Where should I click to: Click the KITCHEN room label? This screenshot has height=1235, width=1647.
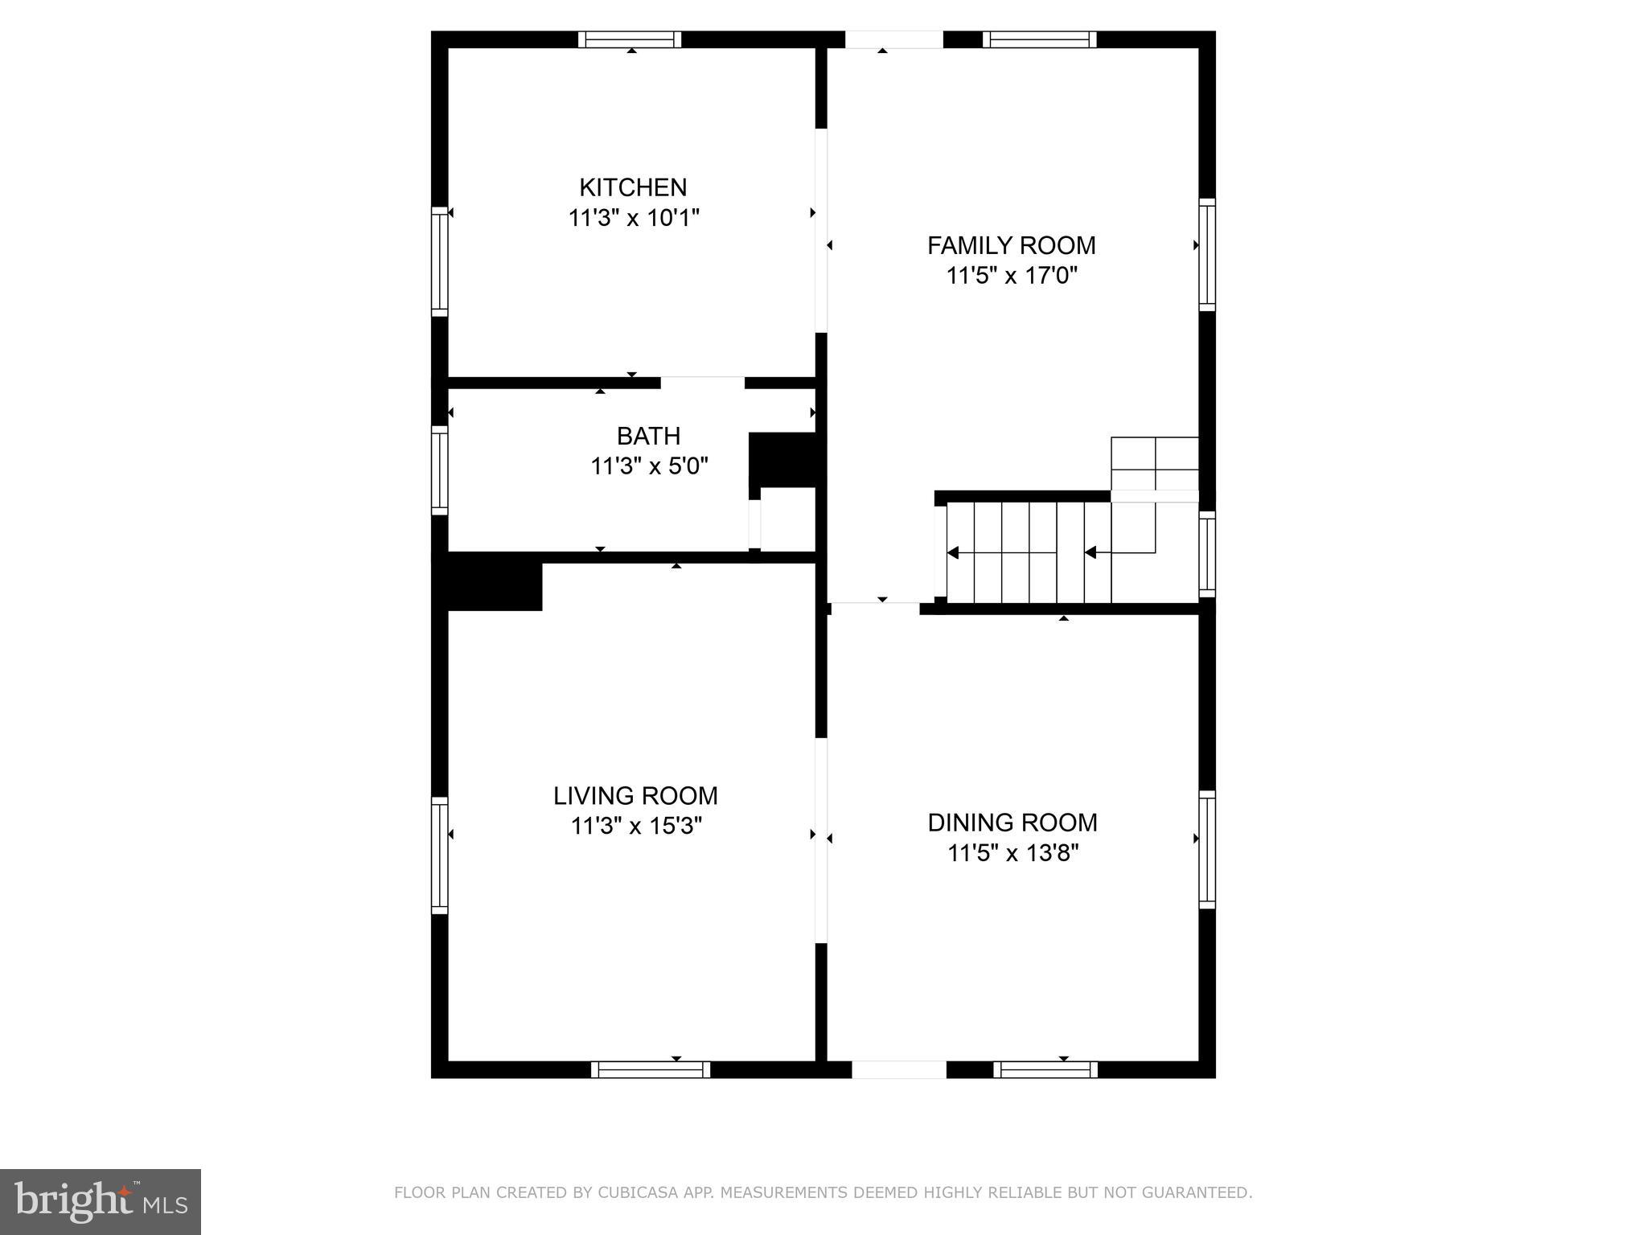tap(633, 187)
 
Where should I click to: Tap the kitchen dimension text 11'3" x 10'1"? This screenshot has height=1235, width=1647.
tap(634, 218)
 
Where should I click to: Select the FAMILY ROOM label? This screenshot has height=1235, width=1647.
tap(1011, 245)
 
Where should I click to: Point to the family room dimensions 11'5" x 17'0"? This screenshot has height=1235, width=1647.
tap(1011, 276)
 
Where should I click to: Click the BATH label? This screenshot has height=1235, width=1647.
tap(648, 436)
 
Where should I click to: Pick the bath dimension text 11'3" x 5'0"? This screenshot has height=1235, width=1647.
tap(649, 466)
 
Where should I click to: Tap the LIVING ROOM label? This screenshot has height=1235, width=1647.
tap(635, 796)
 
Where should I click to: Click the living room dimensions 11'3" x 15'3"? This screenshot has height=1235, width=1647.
tap(636, 827)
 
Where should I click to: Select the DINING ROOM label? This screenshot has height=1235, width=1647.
tap(1012, 823)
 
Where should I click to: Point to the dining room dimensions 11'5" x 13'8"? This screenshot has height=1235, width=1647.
tap(1012, 853)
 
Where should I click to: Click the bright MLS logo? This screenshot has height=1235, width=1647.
tap(101, 1201)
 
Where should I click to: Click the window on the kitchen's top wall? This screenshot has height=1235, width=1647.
tap(630, 39)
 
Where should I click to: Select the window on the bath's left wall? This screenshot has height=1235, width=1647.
tap(439, 470)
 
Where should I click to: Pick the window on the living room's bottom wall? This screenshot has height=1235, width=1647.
tap(651, 1069)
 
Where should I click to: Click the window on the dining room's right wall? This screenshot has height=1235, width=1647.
tap(1207, 849)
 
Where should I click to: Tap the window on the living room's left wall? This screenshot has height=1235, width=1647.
tap(439, 855)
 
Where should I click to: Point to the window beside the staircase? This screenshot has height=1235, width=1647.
tap(1207, 553)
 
